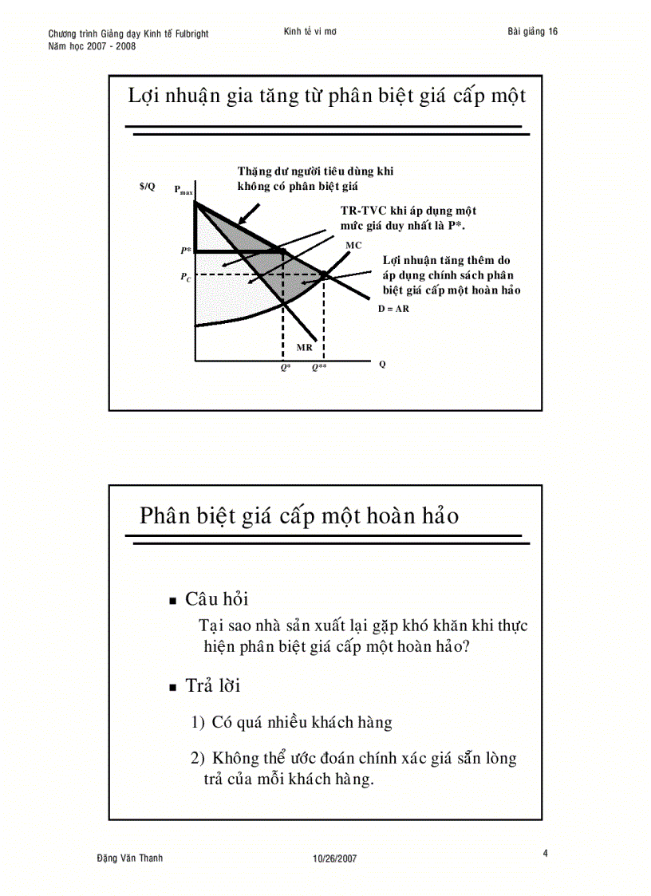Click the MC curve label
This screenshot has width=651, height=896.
click(353, 245)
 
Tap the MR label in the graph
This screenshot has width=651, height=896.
click(304, 348)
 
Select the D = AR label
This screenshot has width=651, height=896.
click(393, 308)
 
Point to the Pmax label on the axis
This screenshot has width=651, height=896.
click(183, 191)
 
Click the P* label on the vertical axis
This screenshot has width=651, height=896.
click(185, 251)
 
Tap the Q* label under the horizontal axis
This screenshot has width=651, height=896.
click(286, 368)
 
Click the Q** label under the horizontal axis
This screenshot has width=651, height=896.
click(319, 368)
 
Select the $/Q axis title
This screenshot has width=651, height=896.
click(147, 186)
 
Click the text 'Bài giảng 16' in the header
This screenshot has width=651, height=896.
click(532, 32)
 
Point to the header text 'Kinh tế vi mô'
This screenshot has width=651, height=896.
click(310, 32)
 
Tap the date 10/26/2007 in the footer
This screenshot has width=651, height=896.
click(334, 859)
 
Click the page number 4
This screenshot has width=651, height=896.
click(546, 854)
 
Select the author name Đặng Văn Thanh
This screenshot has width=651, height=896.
click(129, 858)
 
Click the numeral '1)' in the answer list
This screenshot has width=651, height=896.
click(199, 723)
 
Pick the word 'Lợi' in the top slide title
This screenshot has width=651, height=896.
click(146, 97)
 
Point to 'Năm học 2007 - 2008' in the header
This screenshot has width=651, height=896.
click(92, 46)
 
